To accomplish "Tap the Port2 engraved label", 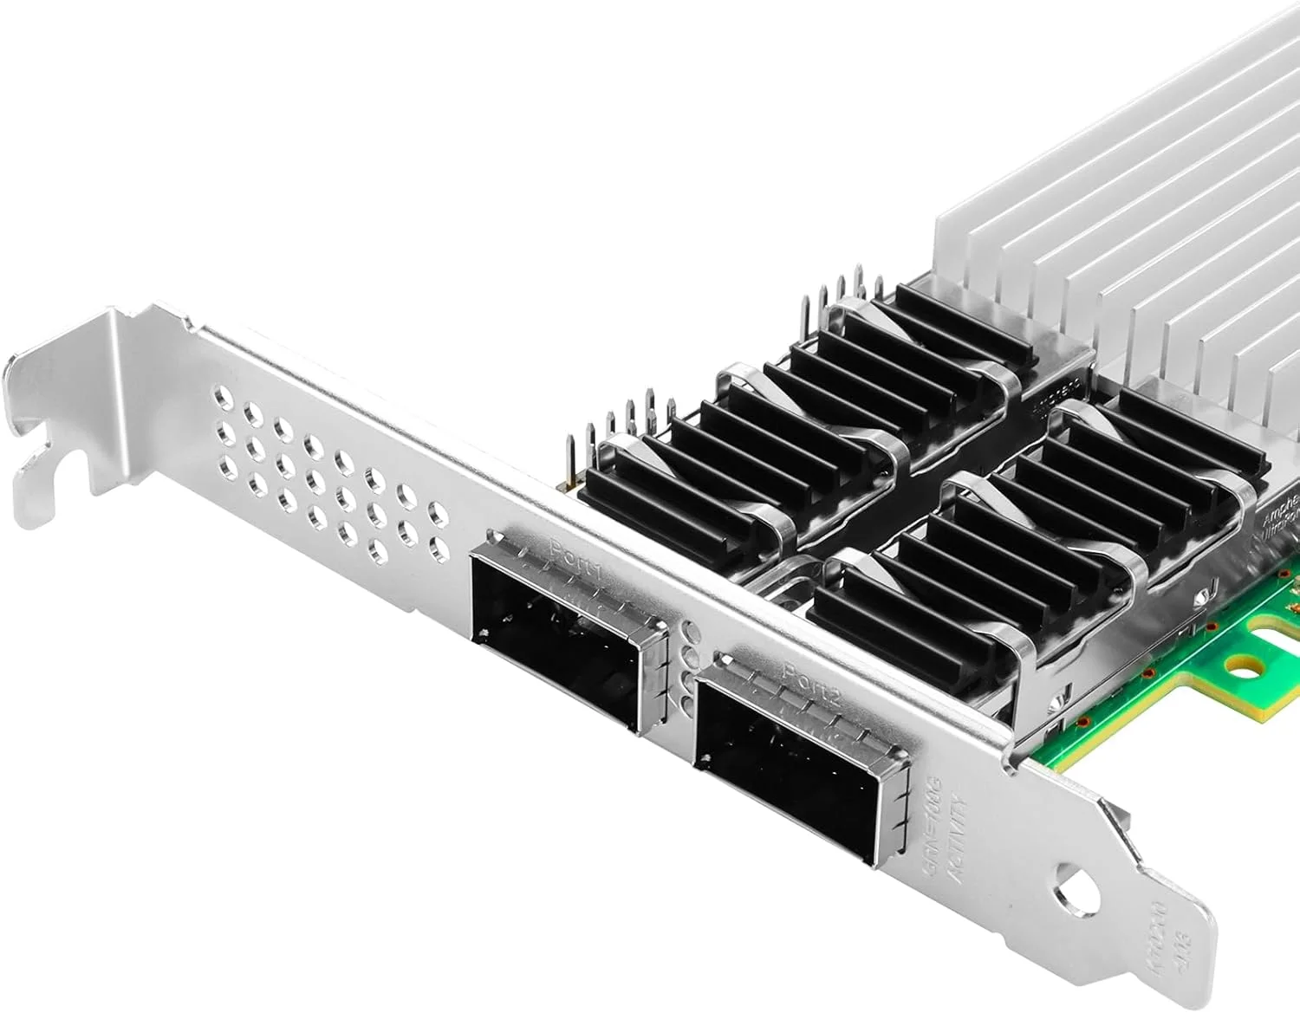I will tap(809, 672).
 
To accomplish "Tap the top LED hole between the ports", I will tap(691, 630).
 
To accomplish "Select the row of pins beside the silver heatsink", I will tap(845, 290).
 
